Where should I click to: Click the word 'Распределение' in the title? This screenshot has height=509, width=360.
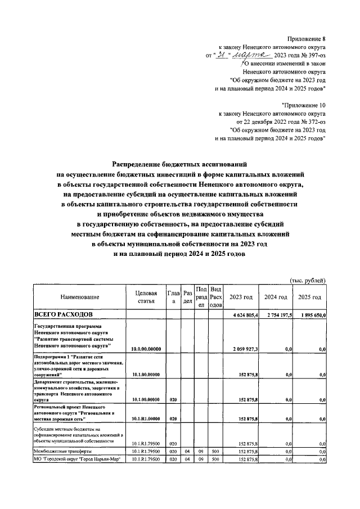point(139,164)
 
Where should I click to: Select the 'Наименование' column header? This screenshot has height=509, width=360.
point(80,297)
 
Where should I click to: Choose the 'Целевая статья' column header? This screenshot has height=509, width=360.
point(145,297)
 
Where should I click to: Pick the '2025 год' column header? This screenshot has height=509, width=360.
point(310,297)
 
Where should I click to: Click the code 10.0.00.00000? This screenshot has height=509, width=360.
point(146,349)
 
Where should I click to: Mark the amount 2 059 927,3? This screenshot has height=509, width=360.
point(245,349)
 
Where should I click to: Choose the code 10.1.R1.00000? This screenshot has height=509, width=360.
point(146,418)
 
